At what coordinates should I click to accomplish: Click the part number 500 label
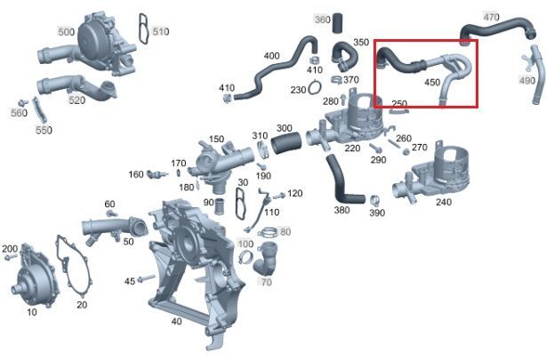pyautogui.click(x=66, y=32)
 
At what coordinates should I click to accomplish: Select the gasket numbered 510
pyautogui.click(x=142, y=28)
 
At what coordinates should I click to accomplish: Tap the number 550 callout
pyautogui.click(x=44, y=130)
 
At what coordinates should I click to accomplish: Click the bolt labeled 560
pyautogui.click(x=23, y=103)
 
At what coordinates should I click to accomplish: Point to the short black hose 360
pyautogui.click(x=337, y=23)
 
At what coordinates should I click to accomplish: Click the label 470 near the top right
pyautogui.click(x=492, y=16)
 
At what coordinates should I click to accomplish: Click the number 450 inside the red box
pyautogui.click(x=432, y=82)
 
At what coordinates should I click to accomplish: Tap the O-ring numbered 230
pyautogui.click(x=315, y=87)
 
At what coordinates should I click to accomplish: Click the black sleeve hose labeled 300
pyautogui.click(x=286, y=143)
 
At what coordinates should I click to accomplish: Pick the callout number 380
pyautogui.click(x=341, y=210)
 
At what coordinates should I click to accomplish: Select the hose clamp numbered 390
pyautogui.click(x=374, y=201)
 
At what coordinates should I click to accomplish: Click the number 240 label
pyautogui.click(x=444, y=202)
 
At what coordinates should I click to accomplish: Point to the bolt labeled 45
pyautogui.click(x=146, y=278)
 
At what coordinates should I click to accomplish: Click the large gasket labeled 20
pyautogui.click(x=75, y=265)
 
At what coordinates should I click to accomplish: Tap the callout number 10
pyautogui.click(x=32, y=312)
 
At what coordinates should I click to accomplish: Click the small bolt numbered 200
pyautogui.click(x=11, y=257)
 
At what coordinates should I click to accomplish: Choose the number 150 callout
pyautogui.click(x=216, y=139)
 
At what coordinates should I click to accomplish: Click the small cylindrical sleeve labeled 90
pyautogui.click(x=220, y=206)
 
